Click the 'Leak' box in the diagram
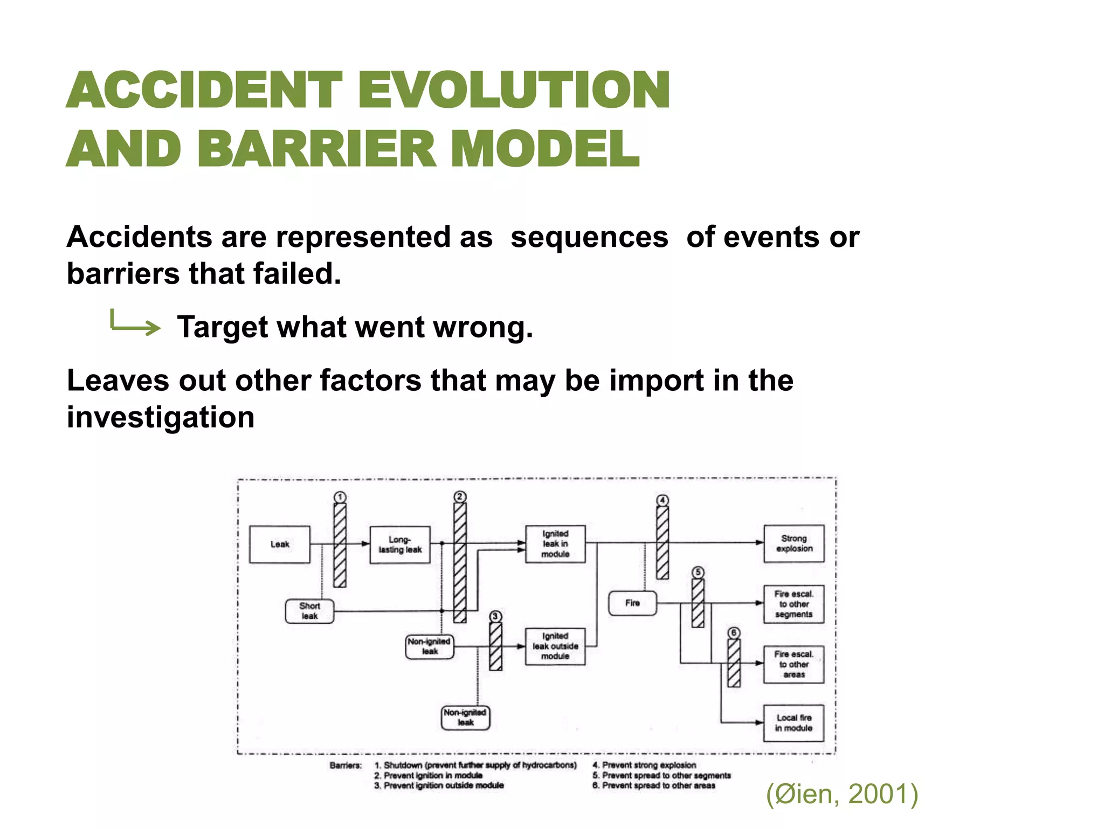279,544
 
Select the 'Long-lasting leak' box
399,544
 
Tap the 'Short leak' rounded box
309,611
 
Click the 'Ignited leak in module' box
555,543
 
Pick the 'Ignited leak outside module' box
555,646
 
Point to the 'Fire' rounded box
632,603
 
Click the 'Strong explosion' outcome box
793,543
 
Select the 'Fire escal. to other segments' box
793,604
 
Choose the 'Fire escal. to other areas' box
793,664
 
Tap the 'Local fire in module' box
793,723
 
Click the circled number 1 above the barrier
340,496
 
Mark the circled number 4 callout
663,500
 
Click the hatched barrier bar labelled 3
495,646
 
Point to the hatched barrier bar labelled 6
734,663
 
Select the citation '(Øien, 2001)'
842,794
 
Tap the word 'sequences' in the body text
589,237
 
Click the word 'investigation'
161,417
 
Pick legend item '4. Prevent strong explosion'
644,765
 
